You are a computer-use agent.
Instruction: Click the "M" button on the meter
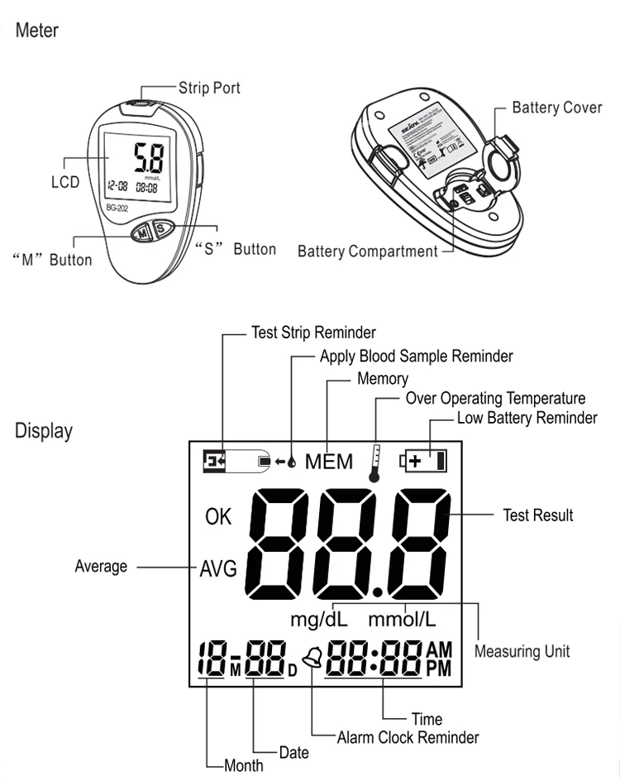(141, 233)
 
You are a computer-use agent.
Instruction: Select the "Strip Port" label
(209, 87)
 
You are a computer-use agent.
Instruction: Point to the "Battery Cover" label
(557, 108)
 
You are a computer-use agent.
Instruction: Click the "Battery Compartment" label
(367, 251)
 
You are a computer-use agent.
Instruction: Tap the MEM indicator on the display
(328, 462)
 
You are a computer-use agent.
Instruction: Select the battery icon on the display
(423, 460)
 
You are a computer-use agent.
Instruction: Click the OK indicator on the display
(218, 518)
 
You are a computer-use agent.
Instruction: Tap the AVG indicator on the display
(218, 568)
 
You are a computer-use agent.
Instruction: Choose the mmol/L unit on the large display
(402, 619)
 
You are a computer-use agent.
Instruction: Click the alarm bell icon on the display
(312, 659)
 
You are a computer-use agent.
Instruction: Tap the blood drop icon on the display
(291, 461)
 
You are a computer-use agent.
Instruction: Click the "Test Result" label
(537, 515)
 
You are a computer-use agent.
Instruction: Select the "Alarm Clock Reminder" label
(408, 736)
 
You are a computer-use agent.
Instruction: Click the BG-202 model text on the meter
(118, 208)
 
